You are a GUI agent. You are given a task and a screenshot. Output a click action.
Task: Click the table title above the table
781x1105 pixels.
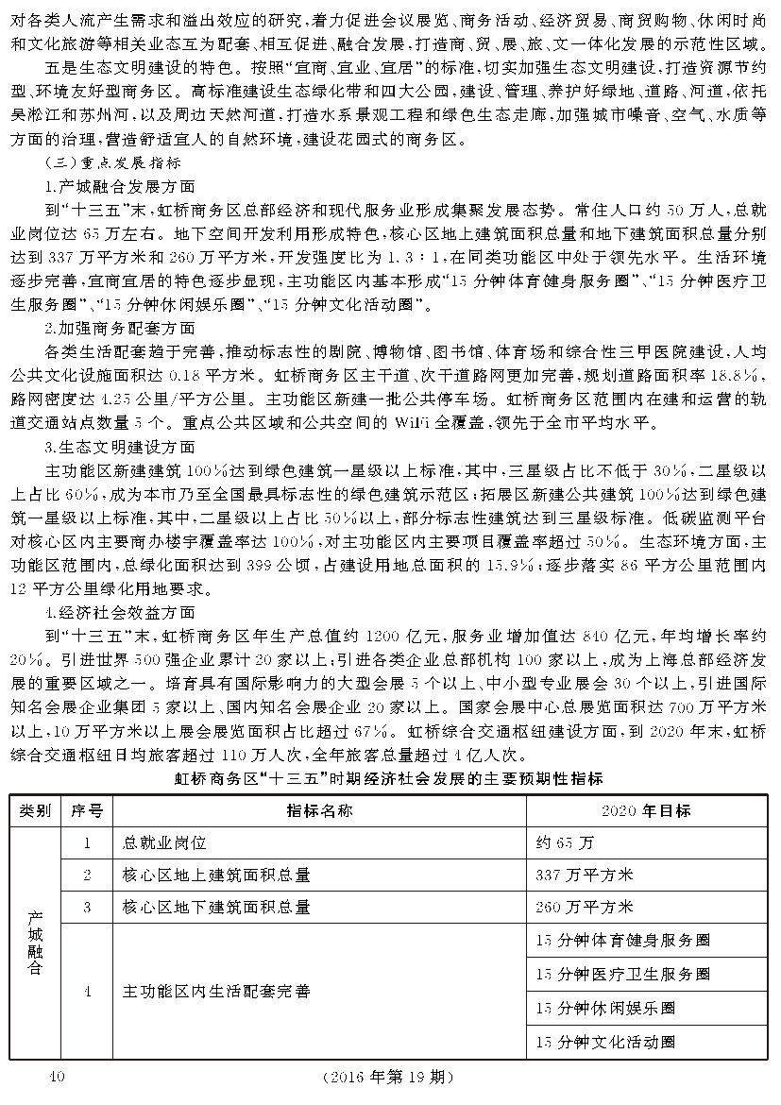tap(389, 779)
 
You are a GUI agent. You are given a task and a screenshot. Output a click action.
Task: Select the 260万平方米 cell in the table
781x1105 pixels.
tap(584, 907)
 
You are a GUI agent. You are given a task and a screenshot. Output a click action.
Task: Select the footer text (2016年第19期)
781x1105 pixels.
tap(389, 1077)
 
